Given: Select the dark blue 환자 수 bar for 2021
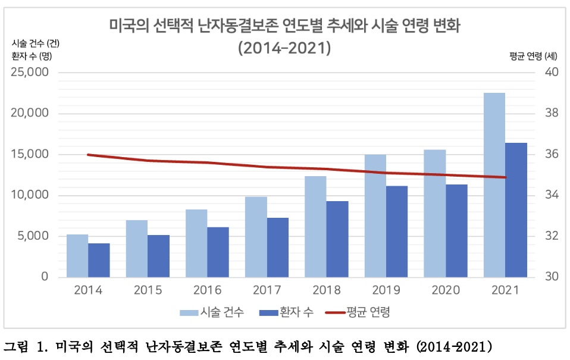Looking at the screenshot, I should (x=516, y=209).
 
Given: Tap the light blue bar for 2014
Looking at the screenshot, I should (x=77, y=255).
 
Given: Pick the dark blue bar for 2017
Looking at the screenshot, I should (x=278, y=247).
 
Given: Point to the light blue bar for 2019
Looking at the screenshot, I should (x=375, y=215).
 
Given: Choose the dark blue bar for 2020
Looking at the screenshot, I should (x=457, y=230).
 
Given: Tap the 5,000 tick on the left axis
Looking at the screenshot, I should (x=33, y=236).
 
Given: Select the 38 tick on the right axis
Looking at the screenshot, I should (x=552, y=113).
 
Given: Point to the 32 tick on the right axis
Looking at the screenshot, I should (x=552, y=236).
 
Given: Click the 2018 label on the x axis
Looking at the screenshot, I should (x=326, y=290).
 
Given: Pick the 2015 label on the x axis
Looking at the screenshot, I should (x=148, y=290).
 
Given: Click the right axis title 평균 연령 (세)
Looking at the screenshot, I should (x=533, y=57).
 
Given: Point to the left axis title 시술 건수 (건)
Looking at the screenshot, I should (x=36, y=43).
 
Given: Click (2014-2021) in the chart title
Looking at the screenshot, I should (x=284, y=48).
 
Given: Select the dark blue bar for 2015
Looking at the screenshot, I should (x=159, y=256).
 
